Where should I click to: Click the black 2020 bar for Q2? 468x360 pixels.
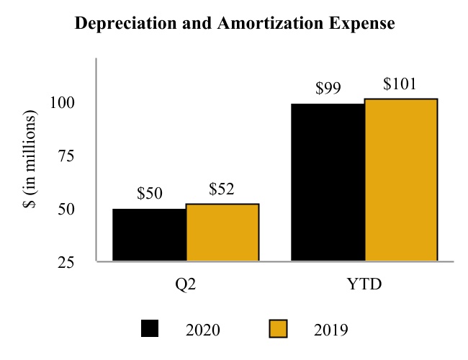click(149, 235)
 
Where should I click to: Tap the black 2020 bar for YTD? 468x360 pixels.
click(328, 182)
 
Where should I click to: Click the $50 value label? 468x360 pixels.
click(150, 194)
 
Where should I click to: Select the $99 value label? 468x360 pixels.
click(328, 89)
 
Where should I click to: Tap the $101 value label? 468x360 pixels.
click(401, 84)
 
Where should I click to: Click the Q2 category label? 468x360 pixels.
click(186, 284)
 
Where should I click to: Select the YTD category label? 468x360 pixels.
click(364, 284)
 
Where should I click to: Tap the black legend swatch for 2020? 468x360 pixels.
click(150, 329)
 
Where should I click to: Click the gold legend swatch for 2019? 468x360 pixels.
click(278, 329)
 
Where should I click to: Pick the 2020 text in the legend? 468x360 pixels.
click(203, 330)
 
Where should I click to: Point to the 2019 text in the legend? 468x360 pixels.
click(331, 330)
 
